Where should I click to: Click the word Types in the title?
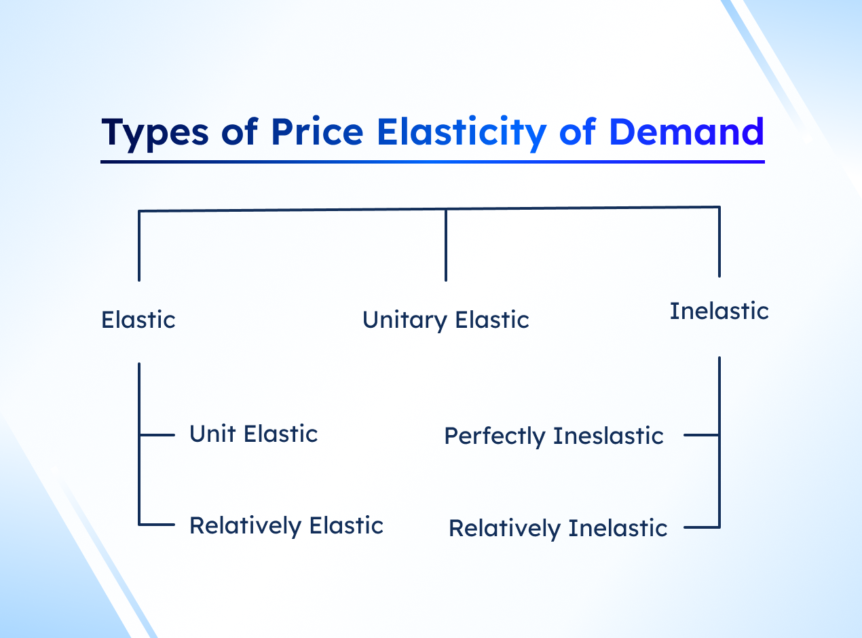pyautogui.click(x=155, y=133)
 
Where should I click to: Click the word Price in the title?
pyautogui.click(x=317, y=132)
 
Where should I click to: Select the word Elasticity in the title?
pyautogui.click(x=462, y=133)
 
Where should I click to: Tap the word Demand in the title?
pyautogui.click(x=687, y=132)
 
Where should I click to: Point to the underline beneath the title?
pyautogui.click(x=432, y=162)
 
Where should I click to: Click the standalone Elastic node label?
pyautogui.click(x=138, y=320)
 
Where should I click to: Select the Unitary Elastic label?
pyautogui.click(x=446, y=320)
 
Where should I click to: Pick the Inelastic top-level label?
pyautogui.click(x=719, y=311)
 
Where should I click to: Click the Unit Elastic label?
pyautogui.click(x=253, y=434)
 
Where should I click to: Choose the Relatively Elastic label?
pyautogui.click(x=286, y=525)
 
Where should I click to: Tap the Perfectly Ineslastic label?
pyautogui.click(x=554, y=436)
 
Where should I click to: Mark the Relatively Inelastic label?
pyautogui.click(x=558, y=528)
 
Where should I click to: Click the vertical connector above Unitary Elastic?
pyautogui.click(x=446, y=245)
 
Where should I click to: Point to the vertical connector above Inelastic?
pyautogui.click(x=719, y=242)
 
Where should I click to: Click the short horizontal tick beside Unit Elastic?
pyautogui.click(x=157, y=435)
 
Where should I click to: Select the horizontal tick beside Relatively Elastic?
pyautogui.click(x=157, y=525)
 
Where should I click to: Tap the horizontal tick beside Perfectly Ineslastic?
pyautogui.click(x=702, y=435)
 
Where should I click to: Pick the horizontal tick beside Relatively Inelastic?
pyautogui.click(x=702, y=527)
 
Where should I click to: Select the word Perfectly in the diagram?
pyautogui.click(x=495, y=436)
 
